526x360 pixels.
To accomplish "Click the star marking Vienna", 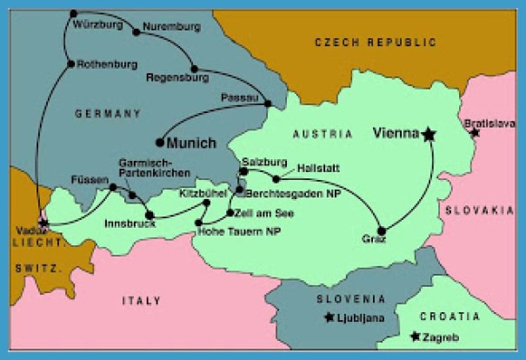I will pyautogui.click(x=429, y=134).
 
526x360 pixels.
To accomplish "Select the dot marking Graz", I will pyautogui.click(x=381, y=230).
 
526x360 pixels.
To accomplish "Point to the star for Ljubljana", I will pyautogui.click(x=329, y=317).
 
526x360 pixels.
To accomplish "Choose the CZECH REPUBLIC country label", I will pyautogui.click(x=375, y=41).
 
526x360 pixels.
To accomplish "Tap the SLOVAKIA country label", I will pyautogui.click(x=481, y=210).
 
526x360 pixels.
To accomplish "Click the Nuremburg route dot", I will pyautogui.click(x=136, y=32).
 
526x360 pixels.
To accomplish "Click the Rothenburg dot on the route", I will pyautogui.click(x=70, y=63).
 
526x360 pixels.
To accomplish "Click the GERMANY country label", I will pyautogui.click(x=109, y=114).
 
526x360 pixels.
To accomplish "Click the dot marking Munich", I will pyautogui.click(x=160, y=142).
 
